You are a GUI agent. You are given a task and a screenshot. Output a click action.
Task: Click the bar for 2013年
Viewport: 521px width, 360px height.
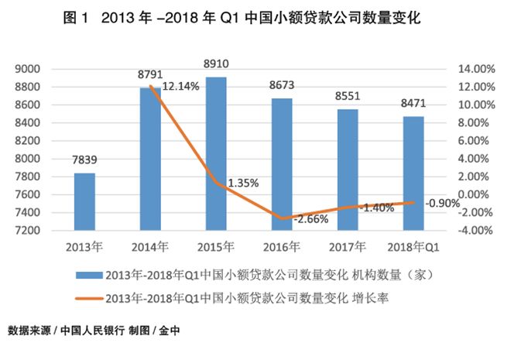[x=84, y=201]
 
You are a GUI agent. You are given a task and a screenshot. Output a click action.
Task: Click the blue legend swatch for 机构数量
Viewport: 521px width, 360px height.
[x=88, y=275]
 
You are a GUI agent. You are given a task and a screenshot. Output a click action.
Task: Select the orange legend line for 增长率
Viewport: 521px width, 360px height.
[x=88, y=297]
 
